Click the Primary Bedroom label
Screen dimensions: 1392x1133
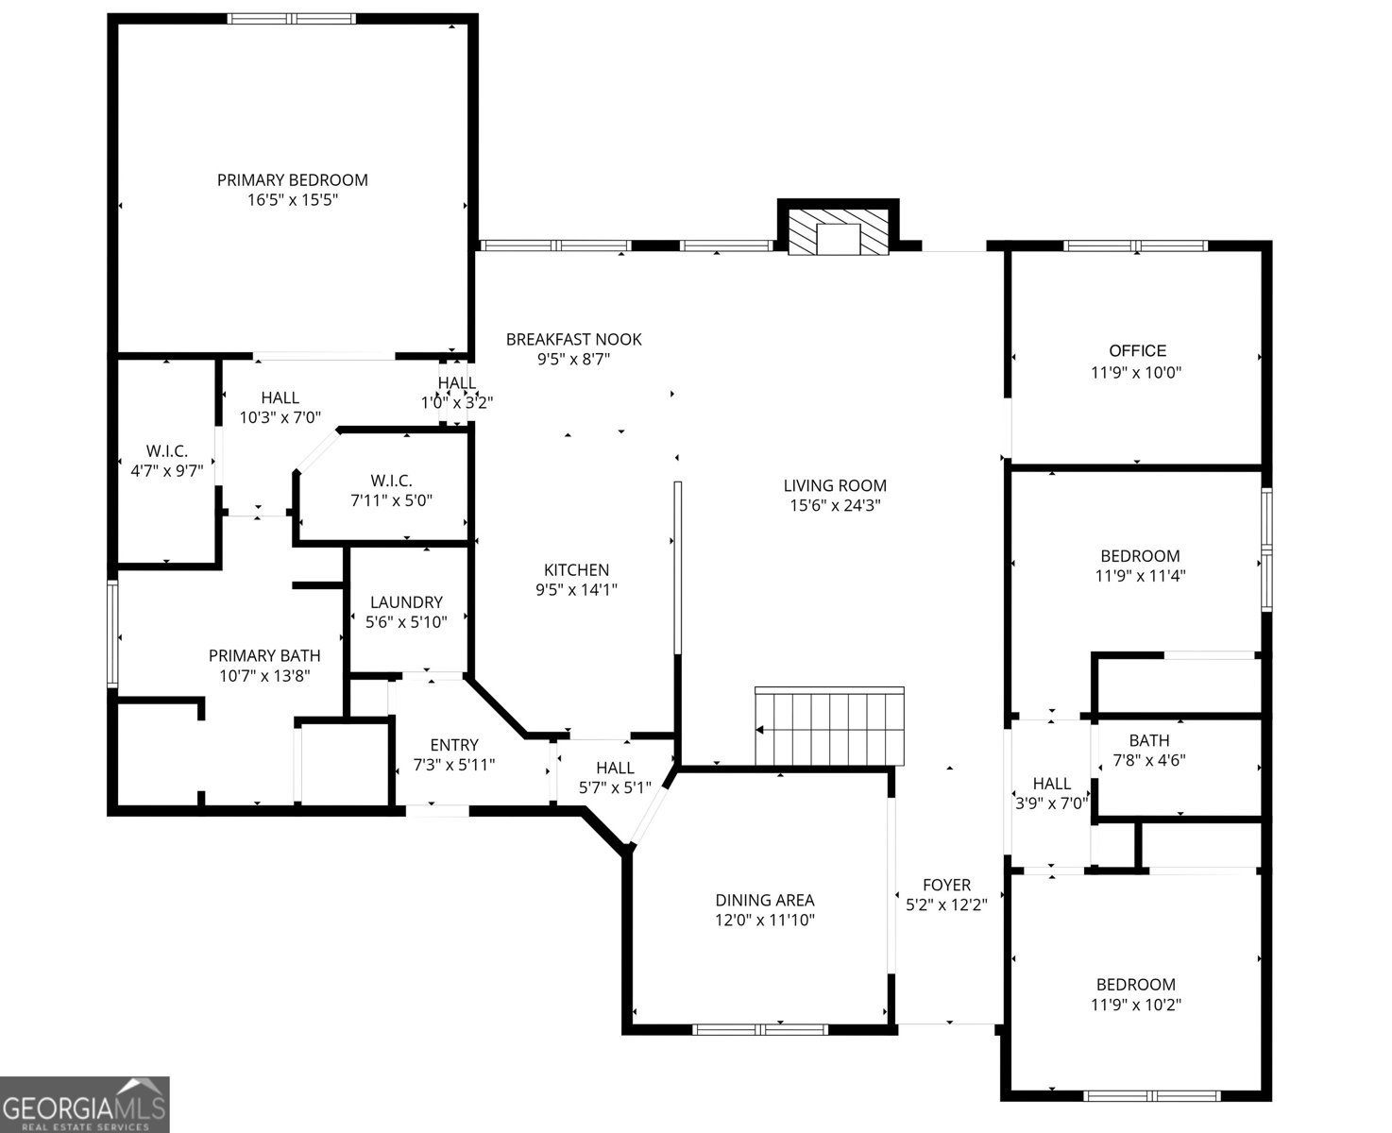click(292, 179)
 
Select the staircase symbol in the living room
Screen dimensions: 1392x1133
click(829, 725)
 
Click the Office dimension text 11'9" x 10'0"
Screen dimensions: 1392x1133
click(1136, 372)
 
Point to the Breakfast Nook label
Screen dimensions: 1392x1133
click(574, 339)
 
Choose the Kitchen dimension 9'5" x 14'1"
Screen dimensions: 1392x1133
click(576, 589)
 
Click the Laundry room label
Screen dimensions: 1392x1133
click(406, 601)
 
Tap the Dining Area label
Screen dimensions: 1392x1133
click(765, 900)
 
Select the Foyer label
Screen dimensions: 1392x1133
click(946, 885)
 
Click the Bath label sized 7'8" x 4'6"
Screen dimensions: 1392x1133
click(1149, 740)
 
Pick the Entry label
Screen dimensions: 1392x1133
click(454, 745)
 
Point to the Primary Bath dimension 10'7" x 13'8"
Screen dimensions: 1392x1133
click(264, 676)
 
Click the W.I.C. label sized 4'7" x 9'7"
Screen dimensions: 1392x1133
click(166, 451)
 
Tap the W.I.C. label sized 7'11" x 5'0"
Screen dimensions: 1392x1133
click(392, 481)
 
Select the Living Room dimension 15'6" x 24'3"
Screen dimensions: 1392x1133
click(835, 505)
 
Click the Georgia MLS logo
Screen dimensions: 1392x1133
click(85, 1105)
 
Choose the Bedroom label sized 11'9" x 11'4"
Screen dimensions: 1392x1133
click(1141, 556)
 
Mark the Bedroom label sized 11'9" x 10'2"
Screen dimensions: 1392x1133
click(1136, 984)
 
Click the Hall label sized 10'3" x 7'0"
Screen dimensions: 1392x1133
click(280, 397)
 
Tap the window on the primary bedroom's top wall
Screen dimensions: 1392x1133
click(292, 19)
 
